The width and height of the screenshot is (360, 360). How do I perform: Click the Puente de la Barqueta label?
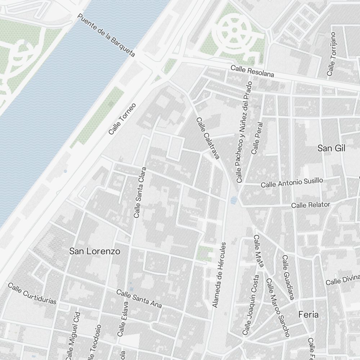(x=107, y=35)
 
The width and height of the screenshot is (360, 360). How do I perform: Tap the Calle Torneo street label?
(x=122, y=119)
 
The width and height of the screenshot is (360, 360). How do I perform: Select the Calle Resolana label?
(x=252, y=71)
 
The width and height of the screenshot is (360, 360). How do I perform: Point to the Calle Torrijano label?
(x=331, y=54)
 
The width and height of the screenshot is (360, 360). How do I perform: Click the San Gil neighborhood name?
(x=331, y=148)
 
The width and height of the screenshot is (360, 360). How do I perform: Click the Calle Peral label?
(x=258, y=138)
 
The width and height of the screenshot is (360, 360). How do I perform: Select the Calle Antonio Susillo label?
(x=292, y=183)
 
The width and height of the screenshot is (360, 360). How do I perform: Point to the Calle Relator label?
(x=310, y=205)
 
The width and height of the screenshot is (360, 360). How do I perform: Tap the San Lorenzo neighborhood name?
(x=95, y=251)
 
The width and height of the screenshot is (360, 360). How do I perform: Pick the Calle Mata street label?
(x=259, y=251)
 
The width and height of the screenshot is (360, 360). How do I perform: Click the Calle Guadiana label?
(x=288, y=277)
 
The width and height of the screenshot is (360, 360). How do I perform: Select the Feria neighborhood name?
(x=309, y=314)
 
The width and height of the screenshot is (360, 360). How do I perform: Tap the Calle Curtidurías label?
(x=32, y=293)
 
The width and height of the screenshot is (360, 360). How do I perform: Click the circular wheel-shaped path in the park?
(x=234, y=31)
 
